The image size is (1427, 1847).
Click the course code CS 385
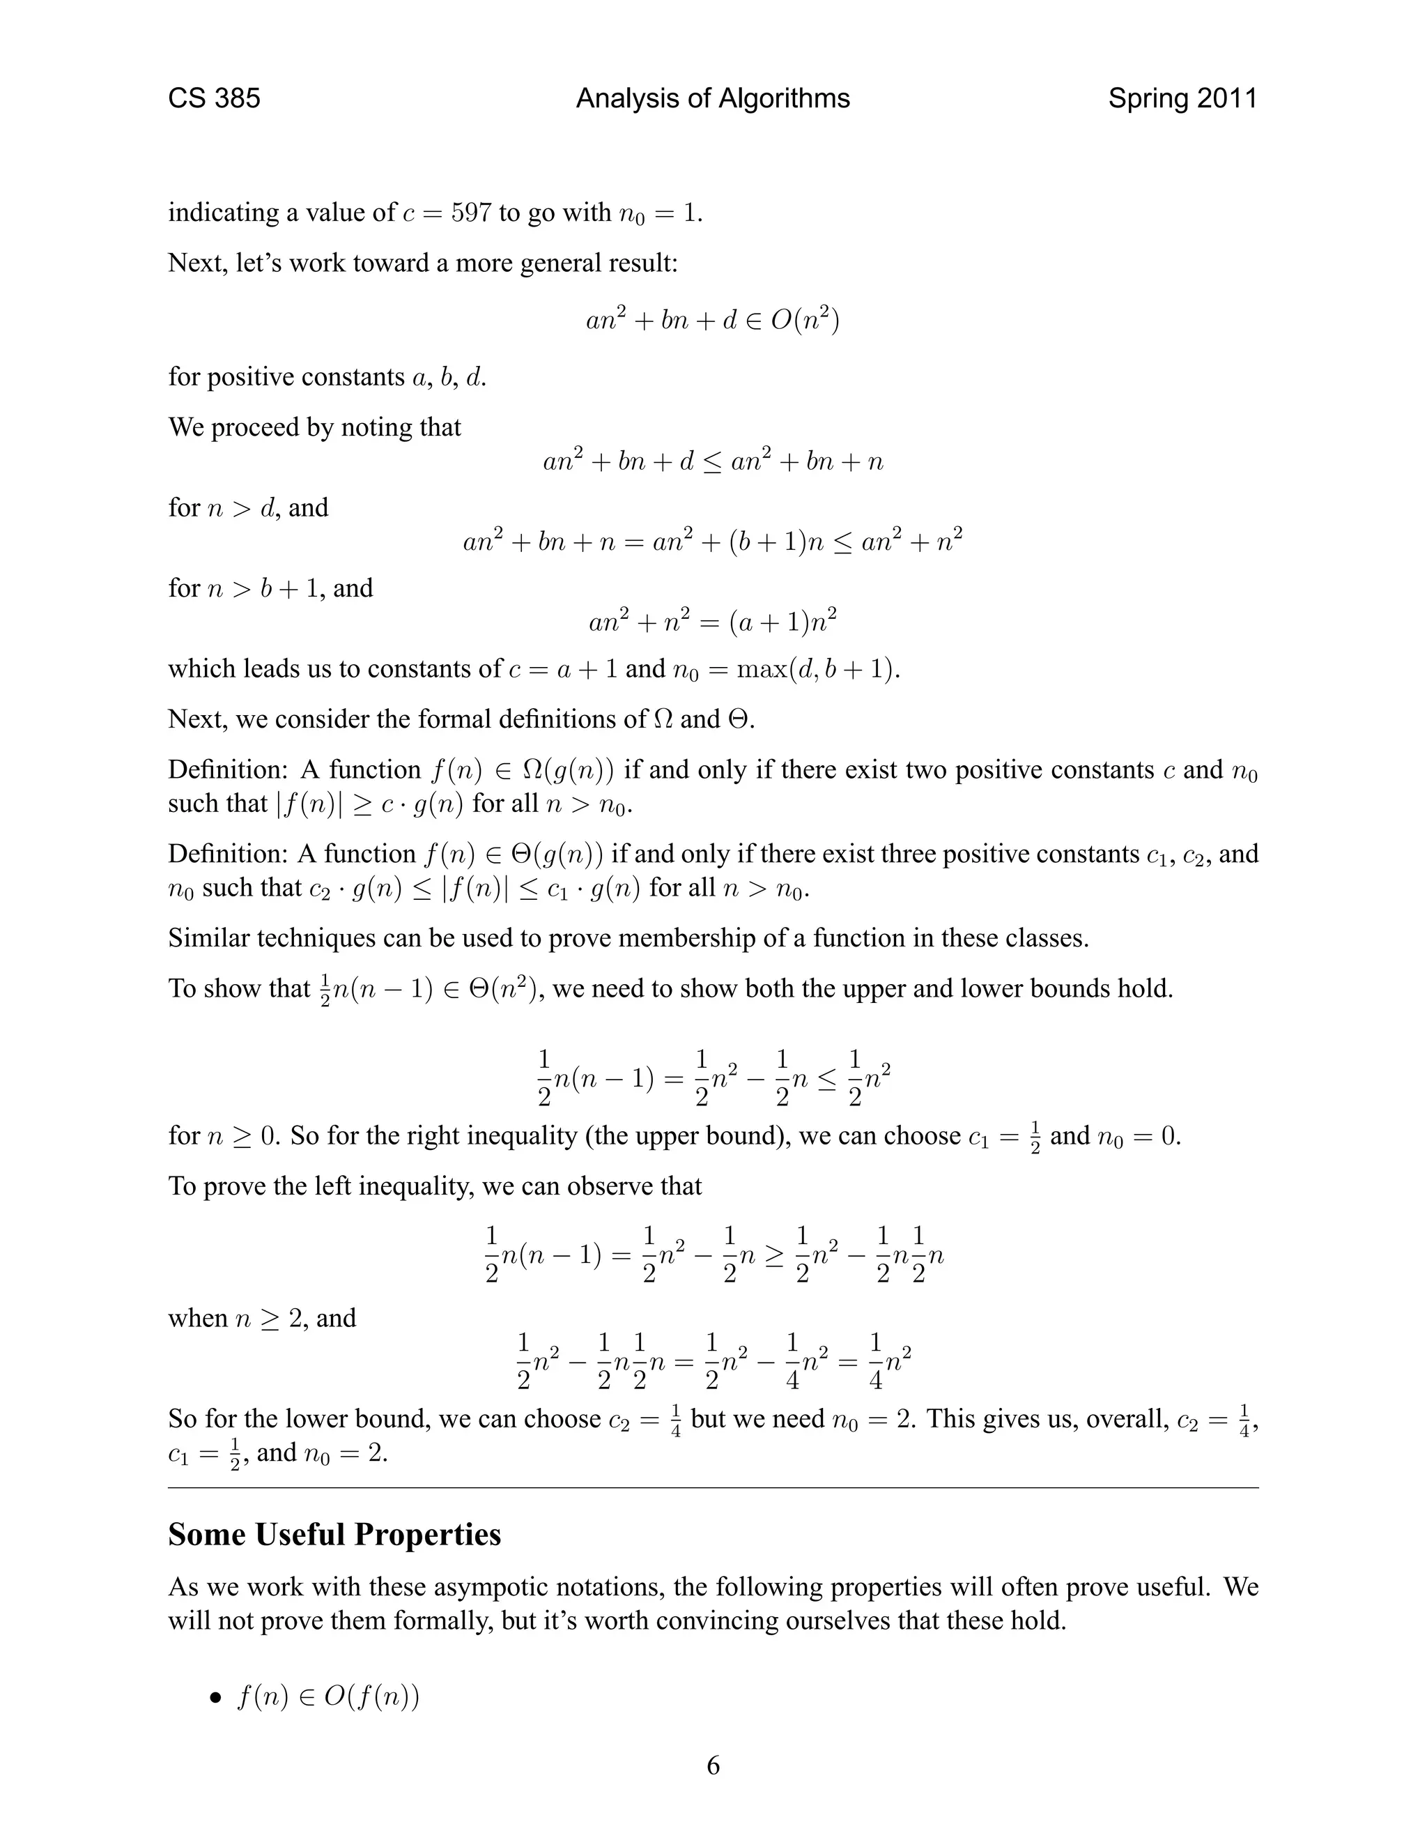214,99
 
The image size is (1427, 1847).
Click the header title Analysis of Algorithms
713,99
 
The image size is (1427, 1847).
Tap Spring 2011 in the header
1182,99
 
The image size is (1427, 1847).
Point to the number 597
471,213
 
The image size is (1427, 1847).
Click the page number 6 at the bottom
713,1766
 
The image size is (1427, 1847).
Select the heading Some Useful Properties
334,1535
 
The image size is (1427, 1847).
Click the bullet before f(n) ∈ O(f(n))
217,1698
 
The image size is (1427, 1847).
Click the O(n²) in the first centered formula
805,321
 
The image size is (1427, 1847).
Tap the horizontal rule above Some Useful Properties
713,1487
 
